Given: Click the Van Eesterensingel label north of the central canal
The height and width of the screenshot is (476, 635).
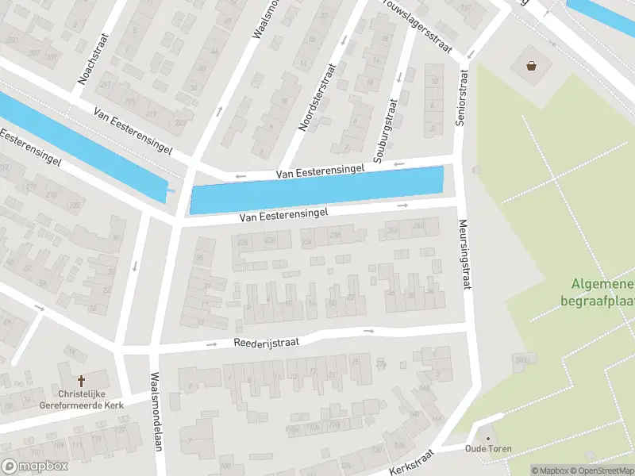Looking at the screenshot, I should point(320,171).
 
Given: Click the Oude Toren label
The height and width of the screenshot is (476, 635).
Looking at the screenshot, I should point(488,449).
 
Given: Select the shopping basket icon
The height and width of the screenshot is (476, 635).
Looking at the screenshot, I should point(530,66).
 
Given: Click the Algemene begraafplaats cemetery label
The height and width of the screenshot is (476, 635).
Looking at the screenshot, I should point(600,293).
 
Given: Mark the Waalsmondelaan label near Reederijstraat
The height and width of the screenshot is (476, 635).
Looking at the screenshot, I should point(156,413).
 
